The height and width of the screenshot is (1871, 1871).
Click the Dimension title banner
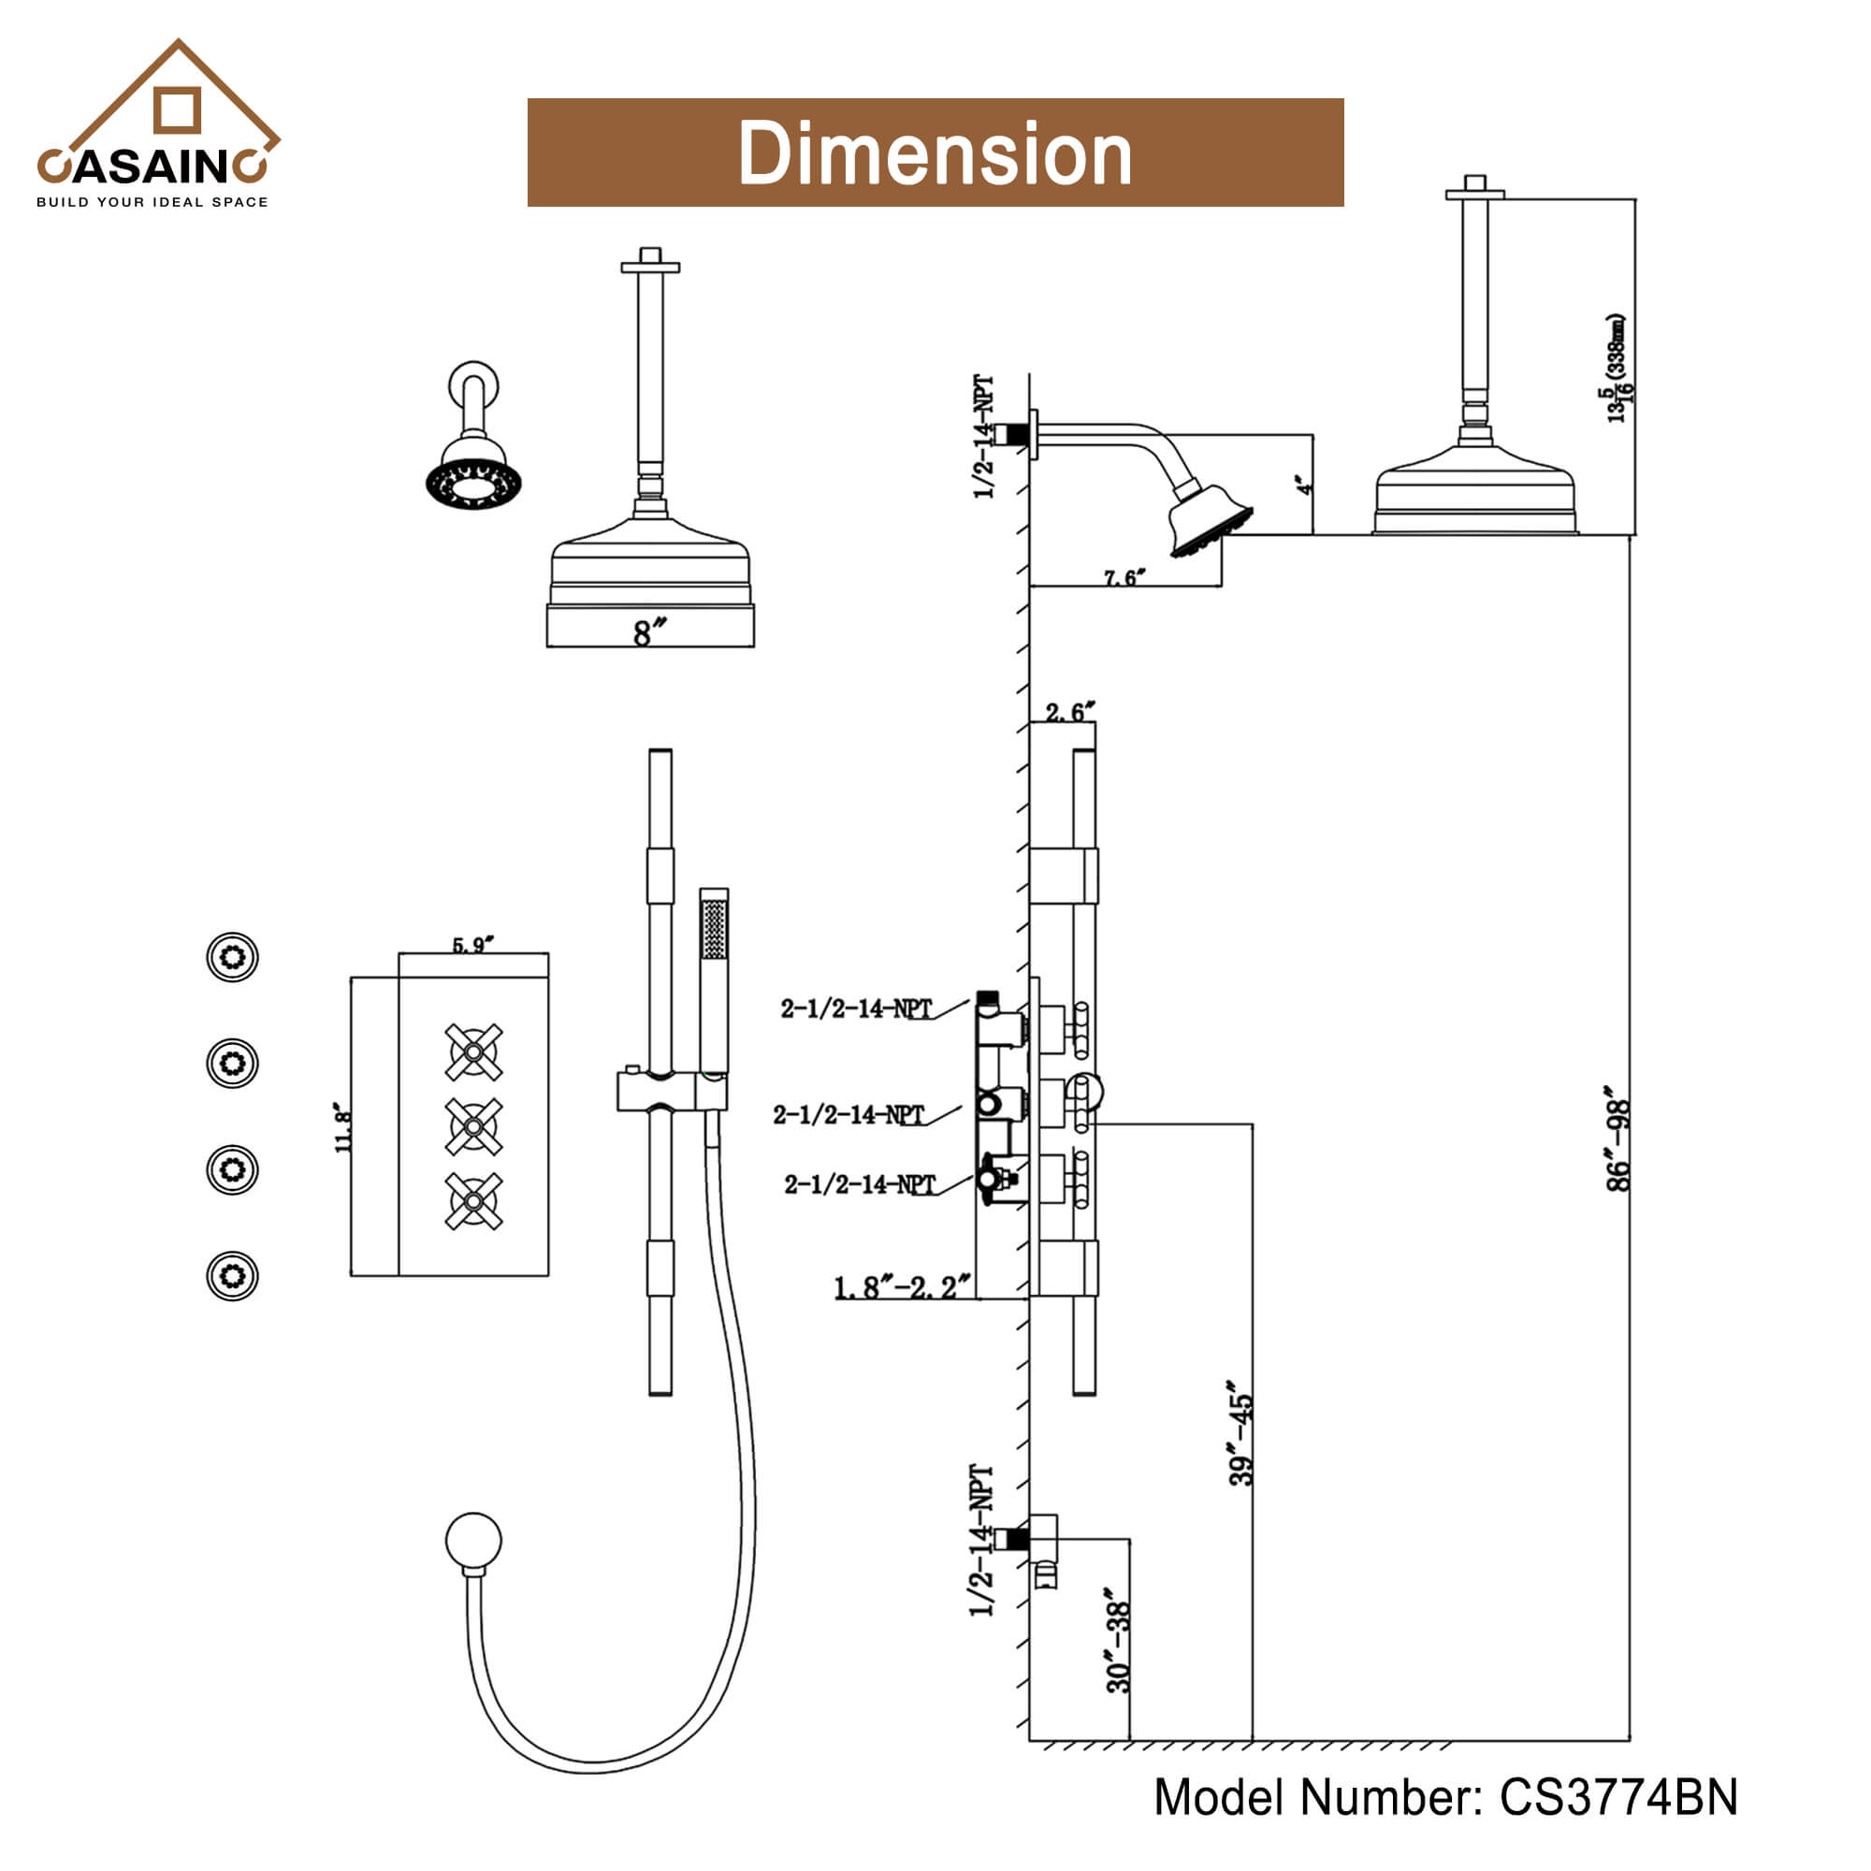point(935,152)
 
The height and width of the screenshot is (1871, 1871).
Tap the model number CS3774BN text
point(1445,1796)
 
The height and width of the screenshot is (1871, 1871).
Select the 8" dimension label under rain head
point(650,632)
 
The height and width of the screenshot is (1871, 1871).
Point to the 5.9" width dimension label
point(473,944)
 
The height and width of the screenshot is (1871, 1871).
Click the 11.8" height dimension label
point(342,1126)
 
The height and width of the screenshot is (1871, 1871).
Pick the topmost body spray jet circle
point(232,957)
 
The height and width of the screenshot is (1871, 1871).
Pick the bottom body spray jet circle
point(232,1275)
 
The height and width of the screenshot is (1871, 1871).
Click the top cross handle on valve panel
point(473,1052)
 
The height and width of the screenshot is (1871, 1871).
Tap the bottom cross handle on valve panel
point(473,1201)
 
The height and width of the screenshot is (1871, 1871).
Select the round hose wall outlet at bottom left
point(473,1539)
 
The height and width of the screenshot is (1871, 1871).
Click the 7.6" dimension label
point(1124,578)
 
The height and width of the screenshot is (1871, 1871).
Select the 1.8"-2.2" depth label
point(902,1287)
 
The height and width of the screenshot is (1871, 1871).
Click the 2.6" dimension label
point(1069,713)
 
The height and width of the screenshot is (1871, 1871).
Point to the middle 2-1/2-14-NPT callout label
point(849,1115)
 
